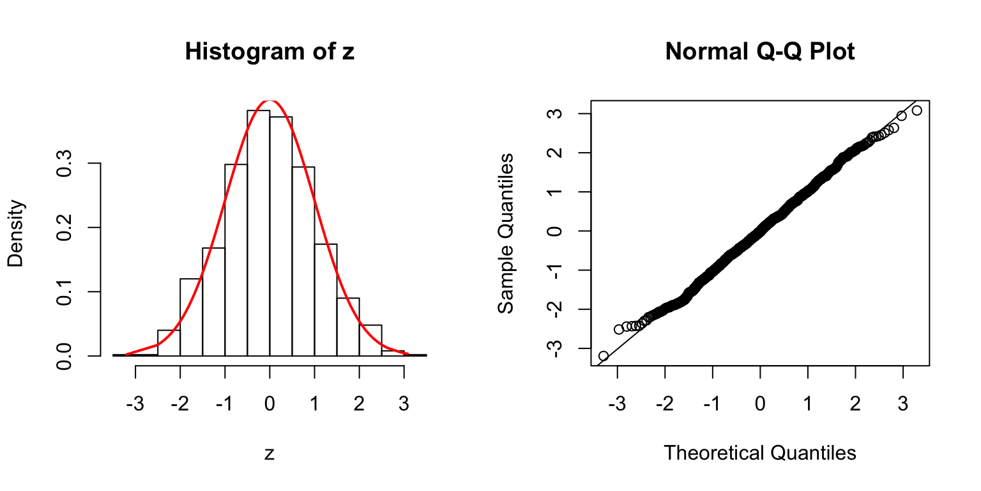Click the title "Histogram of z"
(270, 52)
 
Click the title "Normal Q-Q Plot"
(760, 52)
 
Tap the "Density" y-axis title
(17, 233)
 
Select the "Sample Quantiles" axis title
(506, 233)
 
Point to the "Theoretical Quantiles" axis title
(760, 453)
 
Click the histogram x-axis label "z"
(270, 454)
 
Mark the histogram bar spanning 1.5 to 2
(348, 327)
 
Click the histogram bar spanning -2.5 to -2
(169, 343)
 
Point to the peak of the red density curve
(270, 100)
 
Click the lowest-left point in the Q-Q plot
(603, 355)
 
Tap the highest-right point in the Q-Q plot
(917, 111)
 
